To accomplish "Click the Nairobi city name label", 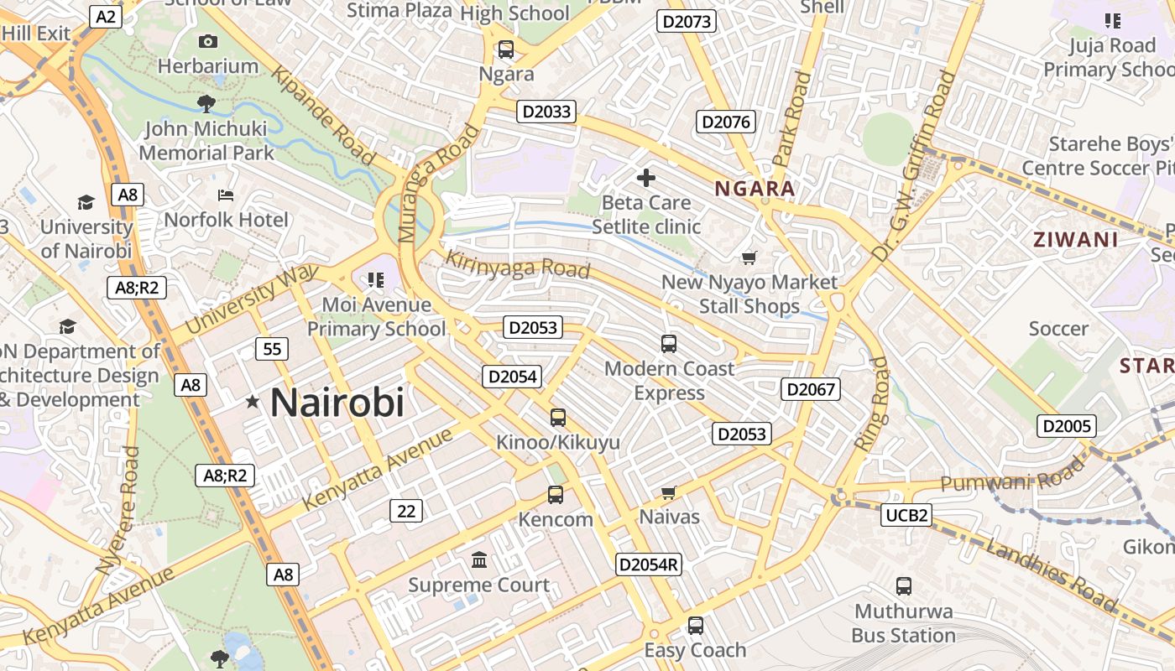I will (x=337, y=403).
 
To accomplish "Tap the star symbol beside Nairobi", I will (x=253, y=403).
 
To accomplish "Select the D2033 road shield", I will (x=546, y=112).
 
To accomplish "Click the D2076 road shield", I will (x=726, y=122).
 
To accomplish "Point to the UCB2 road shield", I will (x=907, y=515).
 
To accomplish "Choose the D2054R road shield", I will (x=648, y=564).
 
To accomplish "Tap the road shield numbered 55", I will (x=272, y=349).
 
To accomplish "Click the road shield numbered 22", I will (x=405, y=510).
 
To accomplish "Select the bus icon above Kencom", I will (x=556, y=495).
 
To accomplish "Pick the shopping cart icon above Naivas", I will (x=669, y=492).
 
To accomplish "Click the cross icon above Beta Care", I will (x=646, y=178).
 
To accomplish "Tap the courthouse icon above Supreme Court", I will (x=479, y=559).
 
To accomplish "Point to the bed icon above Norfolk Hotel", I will (x=226, y=195).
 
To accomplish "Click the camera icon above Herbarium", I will (x=208, y=41).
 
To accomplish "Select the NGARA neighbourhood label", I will (x=755, y=189).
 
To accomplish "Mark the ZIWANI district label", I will (x=1076, y=240).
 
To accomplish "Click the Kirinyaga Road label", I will (x=517, y=264).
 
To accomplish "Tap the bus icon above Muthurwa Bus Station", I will (x=904, y=586).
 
